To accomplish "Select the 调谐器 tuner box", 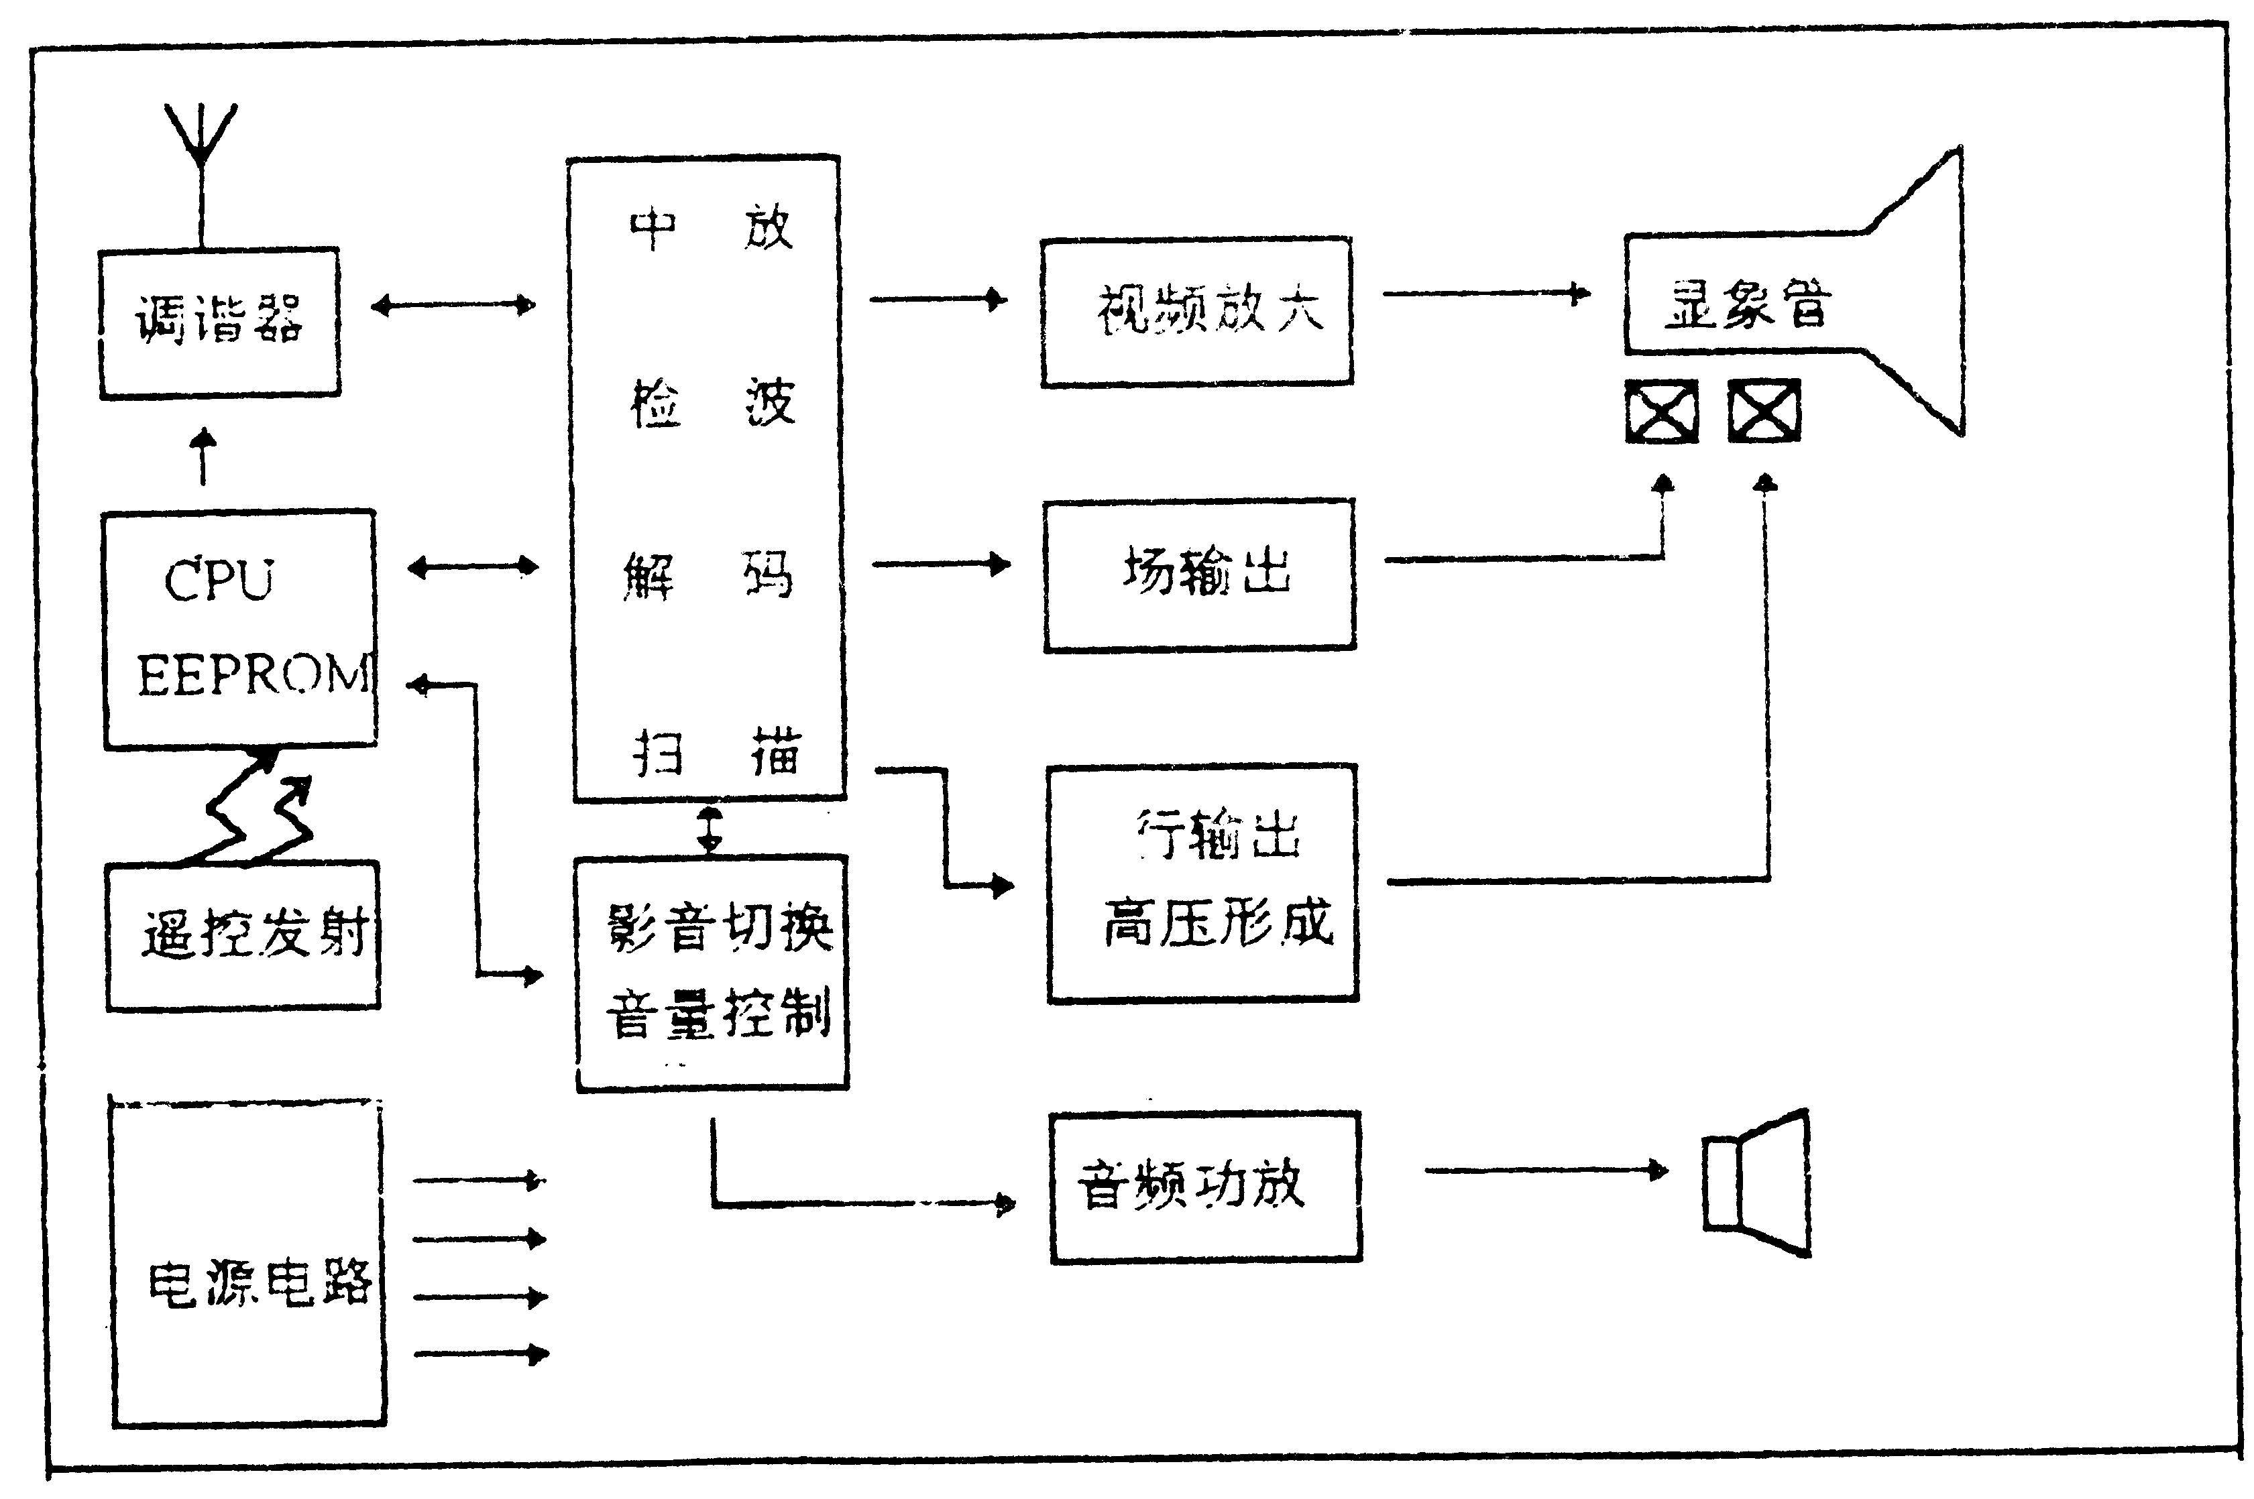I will pyautogui.click(x=220, y=323).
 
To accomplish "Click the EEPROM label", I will pyautogui.click(x=253, y=675).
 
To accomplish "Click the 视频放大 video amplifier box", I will pyautogui.click(x=1196, y=312).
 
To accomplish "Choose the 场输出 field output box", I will pyautogui.click(x=1200, y=575).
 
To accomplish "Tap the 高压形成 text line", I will pyautogui.click(x=1217, y=924).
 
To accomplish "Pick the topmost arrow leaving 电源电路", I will pyautogui.click(x=478, y=1181).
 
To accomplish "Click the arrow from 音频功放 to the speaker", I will pyautogui.click(x=1544, y=1170).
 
